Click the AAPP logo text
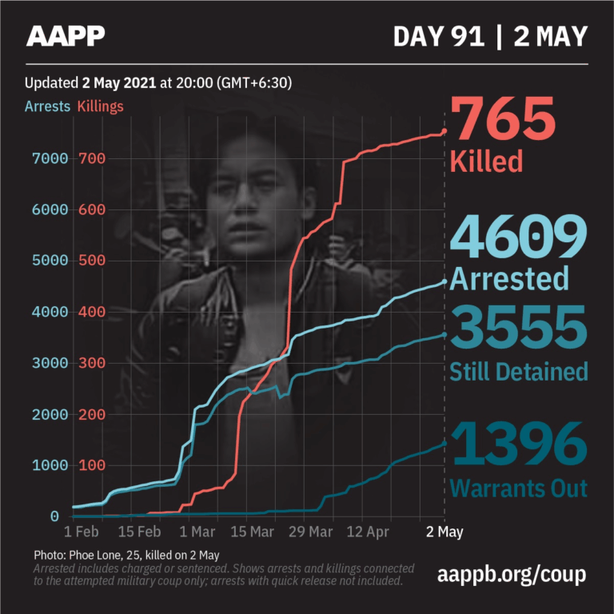(66, 36)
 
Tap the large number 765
(503, 119)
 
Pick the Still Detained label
(519, 371)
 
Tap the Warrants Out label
(519, 488)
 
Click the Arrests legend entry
(47, 106)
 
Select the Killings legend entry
(100, 106)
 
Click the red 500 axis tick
(93, 261)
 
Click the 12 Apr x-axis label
(369, 531)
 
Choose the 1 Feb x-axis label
(82, 531)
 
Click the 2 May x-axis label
(444, 531)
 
